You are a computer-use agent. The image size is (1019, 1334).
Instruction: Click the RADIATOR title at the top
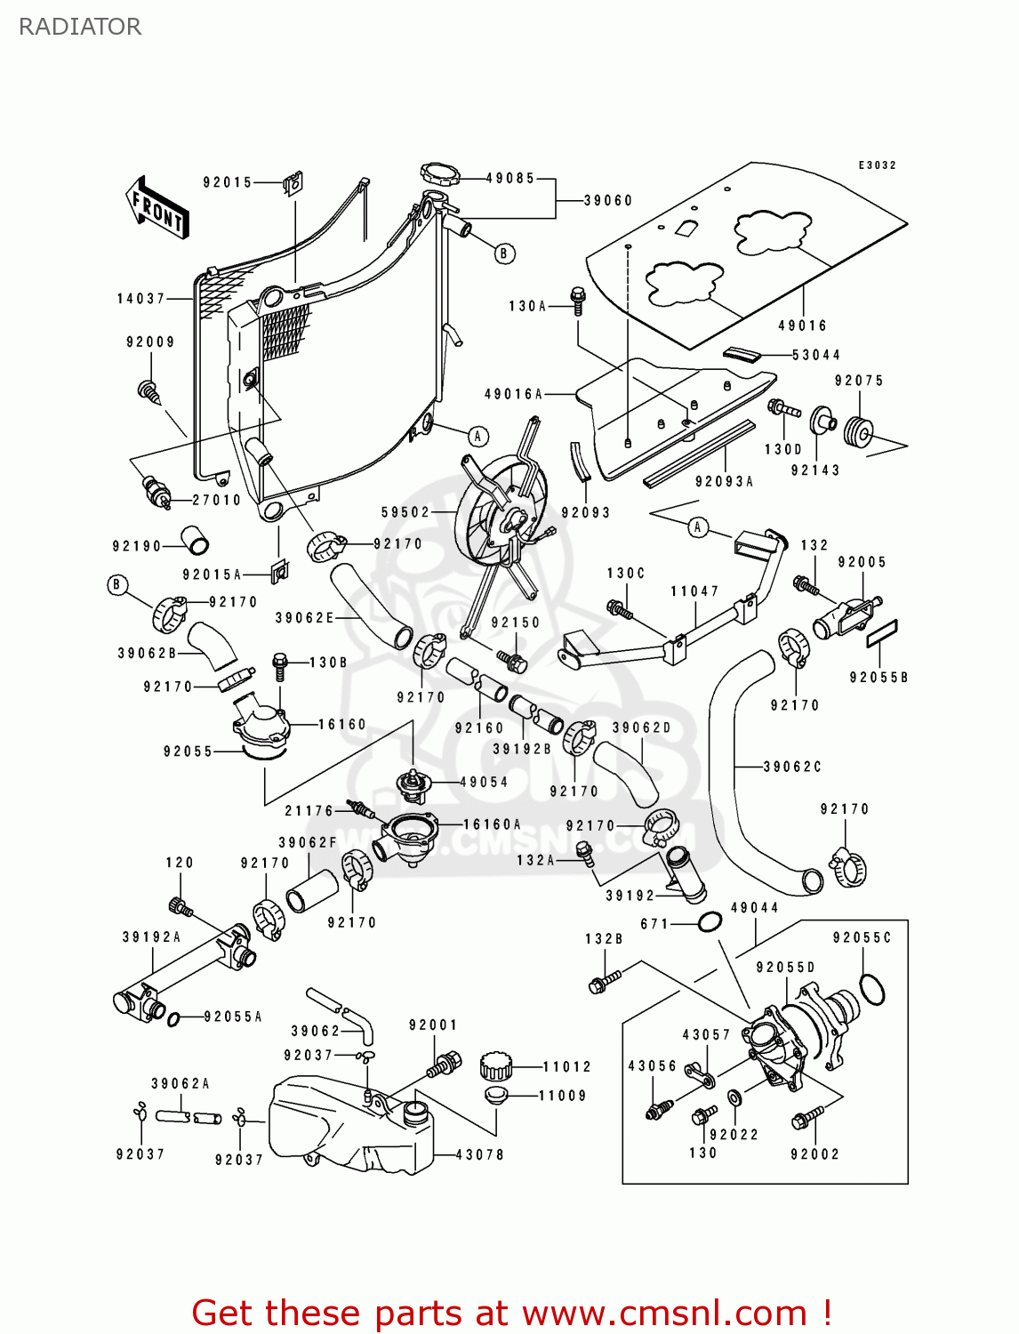click(x=80, y=27)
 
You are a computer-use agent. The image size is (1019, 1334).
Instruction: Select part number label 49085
click(x=510, y=178)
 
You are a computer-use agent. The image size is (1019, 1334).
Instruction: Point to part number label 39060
click(x=608, y=201)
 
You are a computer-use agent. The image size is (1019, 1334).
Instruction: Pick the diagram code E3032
click(x=877, y=165)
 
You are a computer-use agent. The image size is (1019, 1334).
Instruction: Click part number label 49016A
click(x=513, y=394)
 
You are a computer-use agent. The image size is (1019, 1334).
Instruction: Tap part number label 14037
click(x=141, y=299)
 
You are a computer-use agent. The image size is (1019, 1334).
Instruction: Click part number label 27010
click(x=217, y=500)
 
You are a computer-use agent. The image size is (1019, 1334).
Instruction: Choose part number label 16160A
click(x=492, y=824)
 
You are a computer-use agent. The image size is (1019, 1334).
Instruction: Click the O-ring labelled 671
click(x=709, y=922)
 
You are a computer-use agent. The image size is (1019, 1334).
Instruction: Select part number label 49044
click(x=754, y=908)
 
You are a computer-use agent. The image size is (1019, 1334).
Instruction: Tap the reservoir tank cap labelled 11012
click(x=497, y=1065)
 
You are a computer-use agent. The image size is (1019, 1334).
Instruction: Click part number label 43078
click(x=479, y=1154)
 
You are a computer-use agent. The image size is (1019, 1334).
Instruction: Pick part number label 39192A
click(x=151, y=936)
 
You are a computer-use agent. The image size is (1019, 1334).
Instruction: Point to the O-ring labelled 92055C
click(x=872, y=989)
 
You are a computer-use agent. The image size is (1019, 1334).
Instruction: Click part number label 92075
click(x=859, y=381)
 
